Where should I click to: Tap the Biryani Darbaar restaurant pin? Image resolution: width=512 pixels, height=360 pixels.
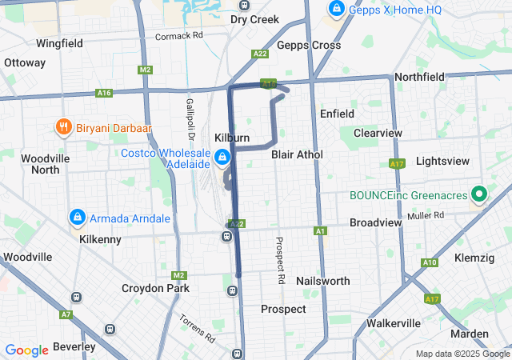tap(62, 126)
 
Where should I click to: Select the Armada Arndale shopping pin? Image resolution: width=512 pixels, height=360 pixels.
tap(78, 216)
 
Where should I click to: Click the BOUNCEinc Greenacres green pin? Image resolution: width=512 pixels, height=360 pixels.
tap(480, 194)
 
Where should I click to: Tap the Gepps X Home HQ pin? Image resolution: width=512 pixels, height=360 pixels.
tap(337, 10)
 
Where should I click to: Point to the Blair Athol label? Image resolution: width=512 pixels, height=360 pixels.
tap(297, 154)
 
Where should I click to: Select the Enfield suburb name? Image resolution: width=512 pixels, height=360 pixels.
tap(337, 114)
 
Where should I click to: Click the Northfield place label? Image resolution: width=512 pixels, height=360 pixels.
tap(419, 77)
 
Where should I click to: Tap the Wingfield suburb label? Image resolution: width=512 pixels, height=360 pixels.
tap(59, 43)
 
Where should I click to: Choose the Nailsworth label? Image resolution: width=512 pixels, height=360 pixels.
tap(322, 281)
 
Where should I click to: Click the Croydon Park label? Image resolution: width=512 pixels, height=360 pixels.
tap(156, 288)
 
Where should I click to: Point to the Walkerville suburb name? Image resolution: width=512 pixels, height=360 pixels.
tap(393, 322)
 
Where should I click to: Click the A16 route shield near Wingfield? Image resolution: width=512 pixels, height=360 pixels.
tap(104, 93)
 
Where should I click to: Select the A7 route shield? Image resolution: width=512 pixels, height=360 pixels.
tap(65, 314)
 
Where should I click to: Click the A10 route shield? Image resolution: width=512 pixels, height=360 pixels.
tap(429, 262)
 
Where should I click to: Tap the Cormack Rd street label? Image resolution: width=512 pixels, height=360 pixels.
tap(179, 36)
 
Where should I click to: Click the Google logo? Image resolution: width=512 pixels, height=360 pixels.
tap(26, 350)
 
